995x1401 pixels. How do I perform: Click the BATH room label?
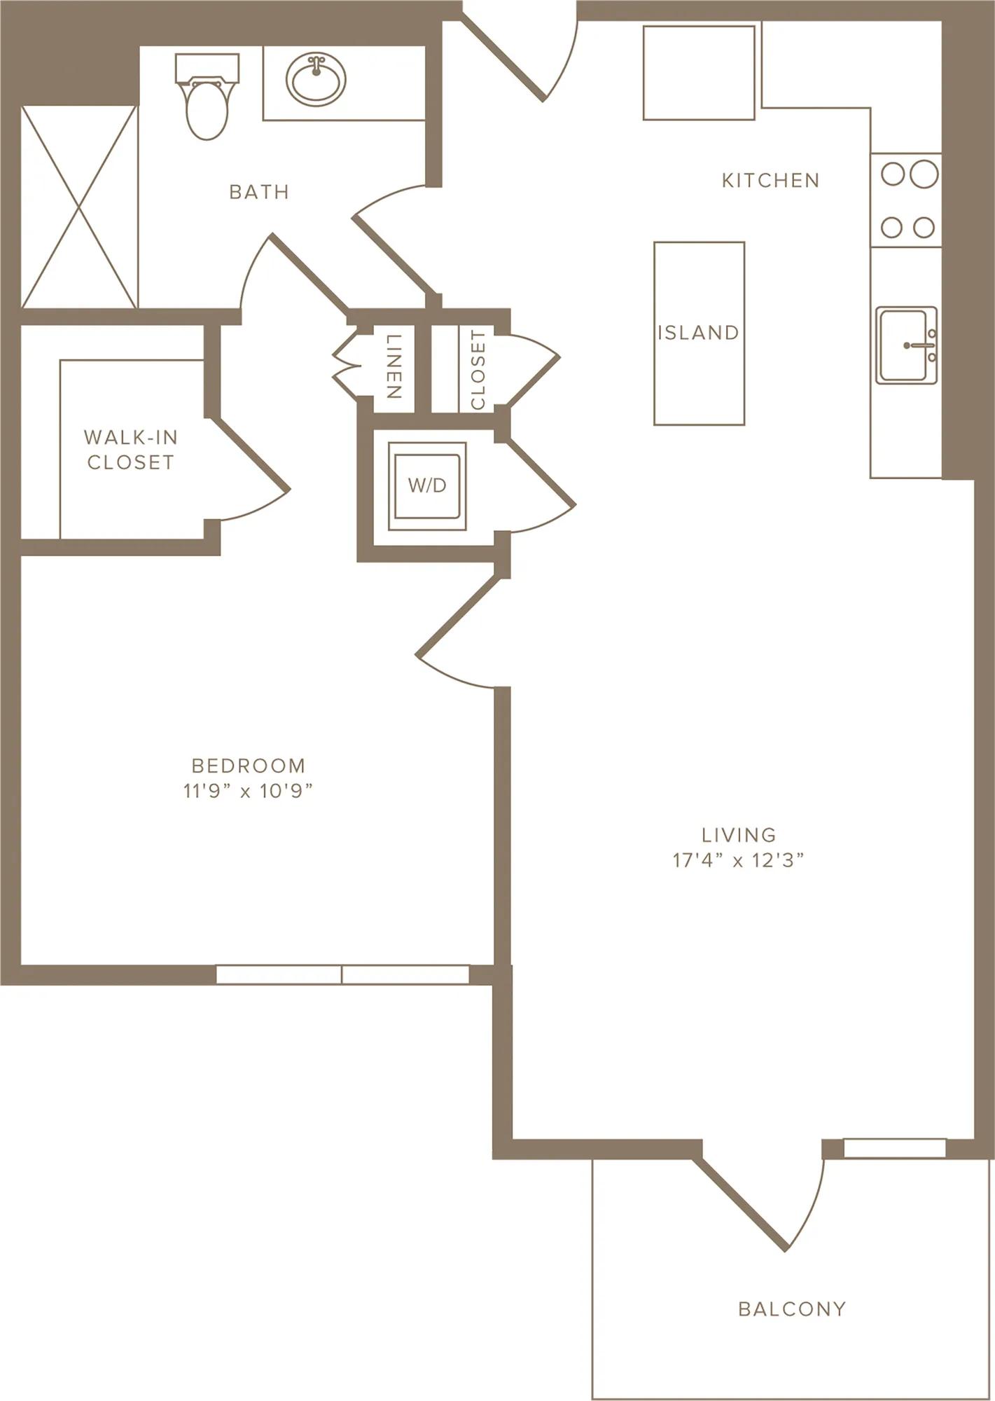259,192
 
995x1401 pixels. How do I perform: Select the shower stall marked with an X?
79,207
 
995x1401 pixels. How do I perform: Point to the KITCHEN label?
770,181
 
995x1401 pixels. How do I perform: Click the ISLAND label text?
698,332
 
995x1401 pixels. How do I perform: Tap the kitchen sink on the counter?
907,345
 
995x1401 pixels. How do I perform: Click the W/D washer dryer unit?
427,485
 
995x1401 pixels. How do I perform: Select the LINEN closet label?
394,366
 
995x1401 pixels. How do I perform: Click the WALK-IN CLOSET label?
130,450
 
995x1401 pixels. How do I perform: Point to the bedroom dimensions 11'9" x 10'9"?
248,791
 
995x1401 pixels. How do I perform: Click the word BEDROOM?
249,766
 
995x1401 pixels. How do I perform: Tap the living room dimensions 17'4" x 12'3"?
739,860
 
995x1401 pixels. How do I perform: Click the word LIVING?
739,835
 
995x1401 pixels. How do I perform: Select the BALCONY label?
793,1309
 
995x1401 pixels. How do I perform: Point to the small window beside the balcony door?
895,1149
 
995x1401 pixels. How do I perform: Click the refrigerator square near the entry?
699,73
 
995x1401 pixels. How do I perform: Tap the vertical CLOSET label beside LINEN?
478,370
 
